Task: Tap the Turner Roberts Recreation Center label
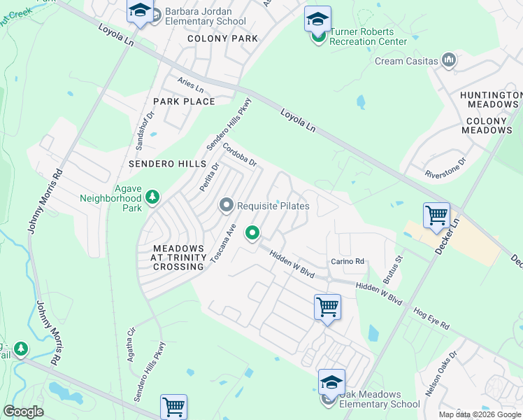(x=368, y=36)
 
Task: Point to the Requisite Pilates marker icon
(x=226, y=206)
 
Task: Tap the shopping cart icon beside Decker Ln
(x=436, y=214)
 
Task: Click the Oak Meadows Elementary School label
(x=380, y=399)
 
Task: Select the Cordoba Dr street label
(x=241, y=155)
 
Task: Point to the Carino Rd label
(x=348, y=262)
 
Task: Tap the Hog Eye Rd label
(x=431, y=316)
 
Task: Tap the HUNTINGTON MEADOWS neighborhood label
(x=489, y=99)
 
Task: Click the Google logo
(x=23, y=412)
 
